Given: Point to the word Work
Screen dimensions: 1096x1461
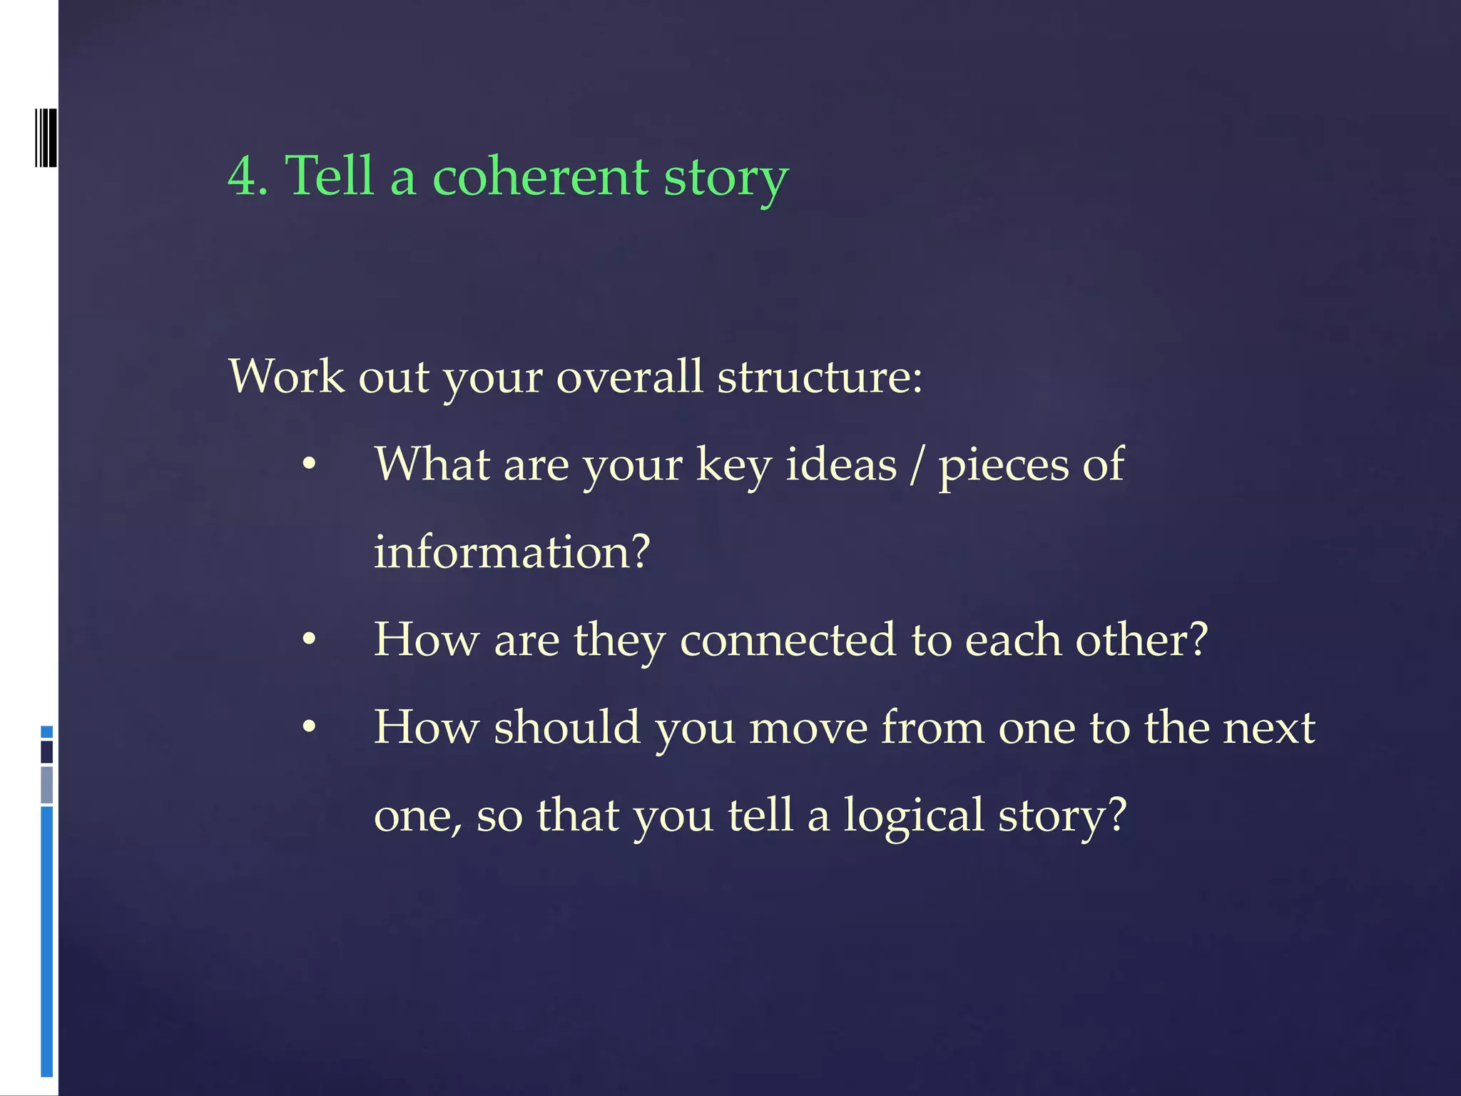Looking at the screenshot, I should click(285, 376).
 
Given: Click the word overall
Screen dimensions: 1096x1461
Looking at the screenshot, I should click(629, 376).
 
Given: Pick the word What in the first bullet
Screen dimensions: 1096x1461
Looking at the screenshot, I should click(432, 465).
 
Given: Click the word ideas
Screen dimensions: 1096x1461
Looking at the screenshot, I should click(840, 465).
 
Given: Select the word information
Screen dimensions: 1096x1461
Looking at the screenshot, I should click(511, 552).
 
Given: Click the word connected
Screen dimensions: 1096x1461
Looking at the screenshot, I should click(787, 639).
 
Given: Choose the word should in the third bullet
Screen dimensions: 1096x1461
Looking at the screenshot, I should click(566, 728).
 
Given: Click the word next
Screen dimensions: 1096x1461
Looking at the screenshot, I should click(1268, 728).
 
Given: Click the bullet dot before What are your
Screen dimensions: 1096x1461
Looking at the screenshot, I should click(309, 465).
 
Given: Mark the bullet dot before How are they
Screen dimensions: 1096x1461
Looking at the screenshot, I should click(309, 639).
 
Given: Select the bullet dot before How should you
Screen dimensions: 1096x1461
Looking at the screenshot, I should click(309, 728).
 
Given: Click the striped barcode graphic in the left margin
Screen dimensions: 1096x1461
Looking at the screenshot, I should click(46, 138).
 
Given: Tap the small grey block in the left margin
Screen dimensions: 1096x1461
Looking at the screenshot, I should click(47, 785).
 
